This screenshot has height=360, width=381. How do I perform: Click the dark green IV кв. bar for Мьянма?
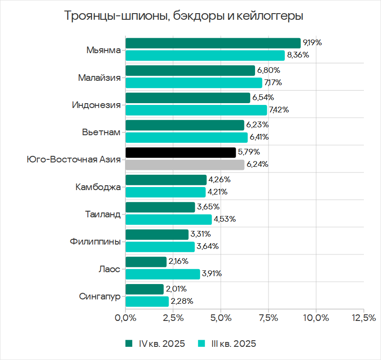213,43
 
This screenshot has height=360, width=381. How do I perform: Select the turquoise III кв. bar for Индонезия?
196,110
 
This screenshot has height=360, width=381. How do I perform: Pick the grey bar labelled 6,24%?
185,165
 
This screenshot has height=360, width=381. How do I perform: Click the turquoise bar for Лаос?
162,274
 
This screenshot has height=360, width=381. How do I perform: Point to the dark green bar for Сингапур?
144,289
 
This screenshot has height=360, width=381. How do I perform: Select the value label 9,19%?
313,43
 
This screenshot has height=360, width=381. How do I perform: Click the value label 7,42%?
279,110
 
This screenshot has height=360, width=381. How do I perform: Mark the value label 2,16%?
179,262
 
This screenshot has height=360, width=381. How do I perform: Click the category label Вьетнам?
101,132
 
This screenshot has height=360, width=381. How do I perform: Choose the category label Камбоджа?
98,187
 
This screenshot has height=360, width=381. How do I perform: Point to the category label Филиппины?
95,241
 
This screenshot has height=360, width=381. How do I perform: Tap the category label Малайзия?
99,78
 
